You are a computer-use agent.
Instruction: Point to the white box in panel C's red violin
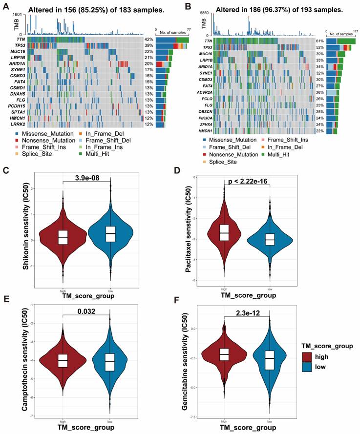(x=62, y=237)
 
